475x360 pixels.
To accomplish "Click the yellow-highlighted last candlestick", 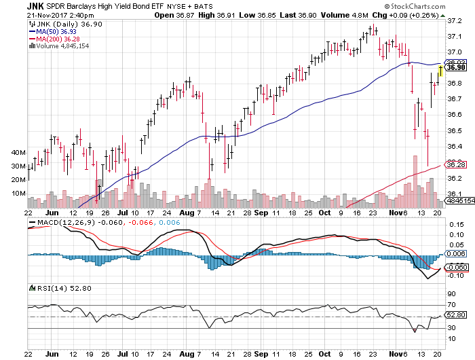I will point(441,71).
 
